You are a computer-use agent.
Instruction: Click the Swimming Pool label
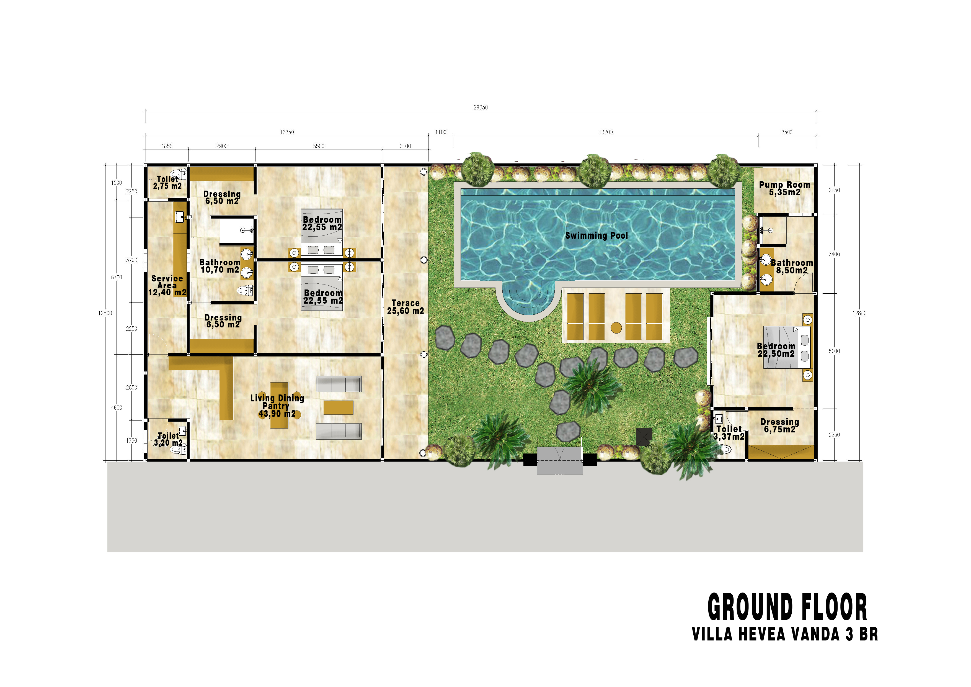tap(596, 235)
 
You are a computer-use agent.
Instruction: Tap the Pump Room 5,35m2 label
tap(784, 188)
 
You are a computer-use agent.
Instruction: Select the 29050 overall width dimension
tap(481, 107)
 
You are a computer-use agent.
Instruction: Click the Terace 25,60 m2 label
tap(405, 307)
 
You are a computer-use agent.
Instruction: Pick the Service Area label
tap(167, 285)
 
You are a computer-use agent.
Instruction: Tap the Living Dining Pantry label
tap(277, 406)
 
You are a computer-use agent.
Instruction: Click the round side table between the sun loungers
tap(616, 327)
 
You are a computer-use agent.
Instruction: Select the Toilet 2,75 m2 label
tap(167, 183)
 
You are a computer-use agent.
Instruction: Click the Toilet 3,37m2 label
tap(729, 433)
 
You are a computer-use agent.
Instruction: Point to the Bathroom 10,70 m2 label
tap(219, 266)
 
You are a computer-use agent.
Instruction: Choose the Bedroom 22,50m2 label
tap(776, 350)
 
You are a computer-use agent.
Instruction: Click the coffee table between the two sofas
tap(338, 407)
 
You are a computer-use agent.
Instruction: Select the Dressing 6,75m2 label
tap(779, 425)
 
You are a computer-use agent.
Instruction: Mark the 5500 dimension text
tap(318, 146)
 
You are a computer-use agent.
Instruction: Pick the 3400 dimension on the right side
tap(834, 254)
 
